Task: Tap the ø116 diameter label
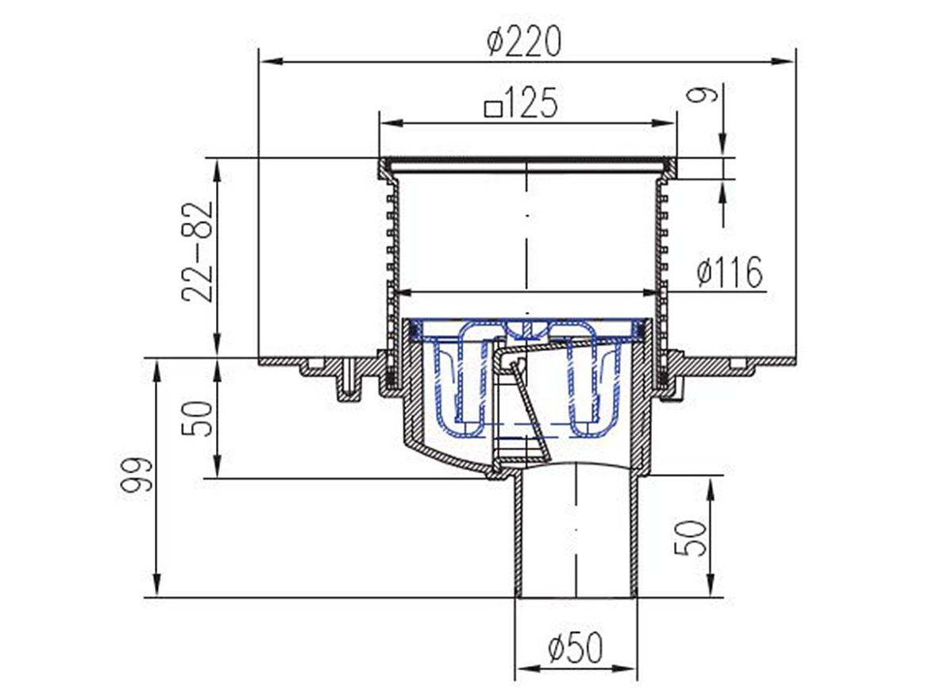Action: [x=730, y=272]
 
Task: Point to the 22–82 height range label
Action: [x=197, y=252]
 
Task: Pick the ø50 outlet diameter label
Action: [x=575, y=647]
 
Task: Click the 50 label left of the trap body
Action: [x=197, y=418]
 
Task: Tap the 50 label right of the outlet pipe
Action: [x=691, y=538]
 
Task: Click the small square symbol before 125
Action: [x=494, y=109]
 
